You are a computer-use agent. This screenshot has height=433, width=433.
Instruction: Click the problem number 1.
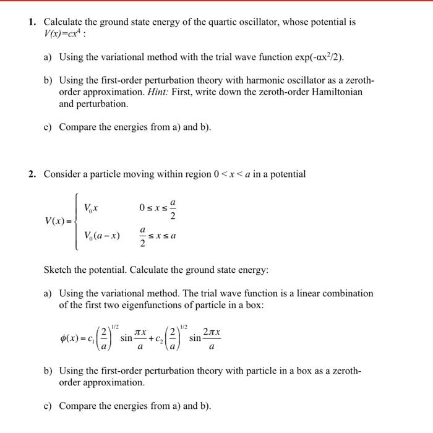pos(32,22)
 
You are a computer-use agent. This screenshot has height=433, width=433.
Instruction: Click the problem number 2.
pos(32,174)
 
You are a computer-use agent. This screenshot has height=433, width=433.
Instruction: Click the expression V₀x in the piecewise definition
pos(93,207)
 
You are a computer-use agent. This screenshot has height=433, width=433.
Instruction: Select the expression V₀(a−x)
pos(102,235)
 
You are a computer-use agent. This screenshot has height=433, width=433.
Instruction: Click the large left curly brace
pos(76,221)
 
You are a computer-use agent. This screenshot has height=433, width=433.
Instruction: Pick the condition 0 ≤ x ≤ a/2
pos(158,207)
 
